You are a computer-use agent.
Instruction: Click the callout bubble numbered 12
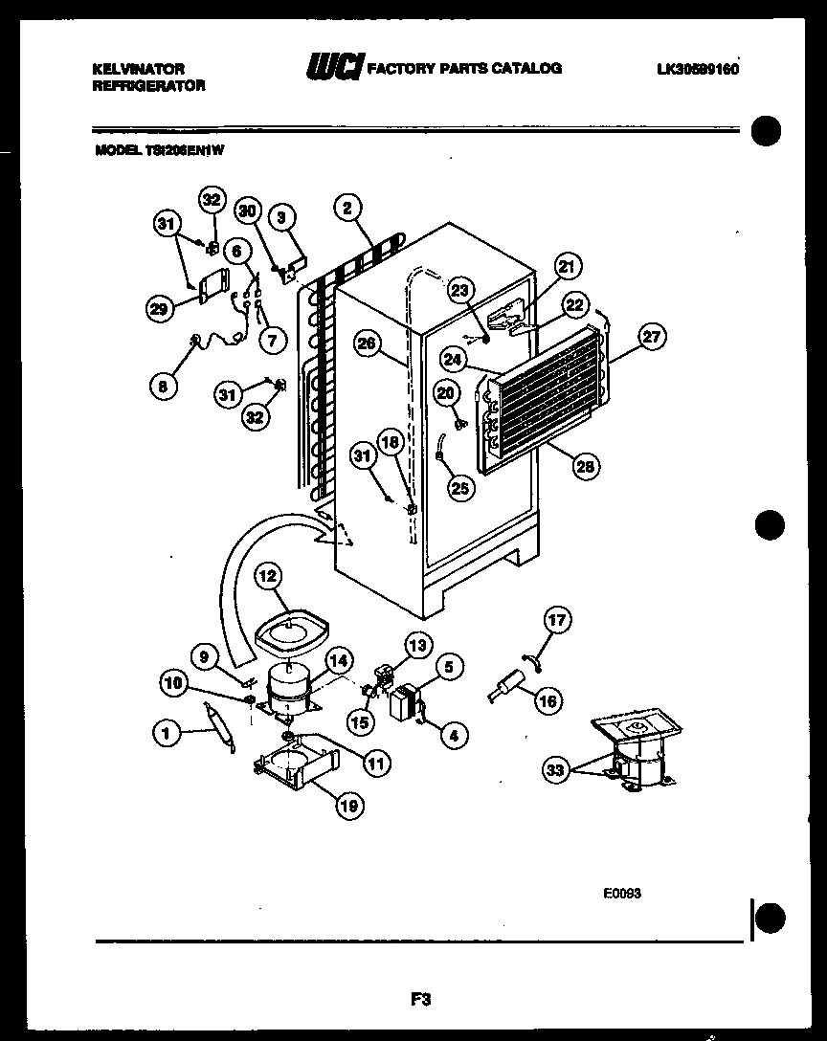click(x=268, y=576)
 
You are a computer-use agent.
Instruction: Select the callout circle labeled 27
click(x=653, y=337)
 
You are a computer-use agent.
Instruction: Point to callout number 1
click(x=167, y=735)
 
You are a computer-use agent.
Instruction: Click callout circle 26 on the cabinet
click(x=365, y=345)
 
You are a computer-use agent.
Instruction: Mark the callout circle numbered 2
click(x=348, y=207)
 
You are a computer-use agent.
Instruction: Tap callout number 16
click(x=548, y=700)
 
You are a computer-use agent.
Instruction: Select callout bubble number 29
click(x=160, y=307)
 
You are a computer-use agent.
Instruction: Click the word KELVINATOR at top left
click(x=138, y=69)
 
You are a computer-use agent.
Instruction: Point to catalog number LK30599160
click(x=699, y=69)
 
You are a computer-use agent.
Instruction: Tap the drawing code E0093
click(x=621, y=893)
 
